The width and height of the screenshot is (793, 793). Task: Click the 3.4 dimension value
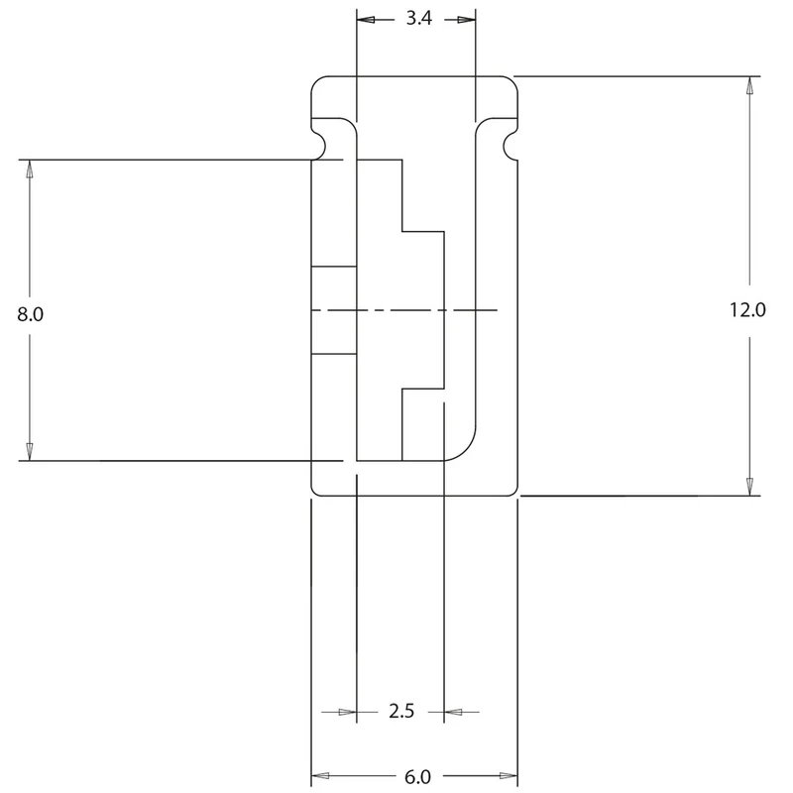(x=418, y=19)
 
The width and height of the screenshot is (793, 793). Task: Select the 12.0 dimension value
(x=747, y=309)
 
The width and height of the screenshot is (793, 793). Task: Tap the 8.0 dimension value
(x=30, y=314)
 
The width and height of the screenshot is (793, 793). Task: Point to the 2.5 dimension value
(x=401, y=711)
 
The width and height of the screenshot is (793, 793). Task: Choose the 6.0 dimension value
(x=417, y=777)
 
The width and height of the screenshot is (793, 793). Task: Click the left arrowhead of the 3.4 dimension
(x=366, y=20)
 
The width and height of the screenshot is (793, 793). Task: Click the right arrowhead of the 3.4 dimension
(x=466, y=20)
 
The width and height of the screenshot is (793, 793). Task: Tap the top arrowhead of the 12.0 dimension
(x=749, y=85)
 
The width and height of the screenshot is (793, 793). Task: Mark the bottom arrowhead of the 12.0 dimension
(x=749, y=486)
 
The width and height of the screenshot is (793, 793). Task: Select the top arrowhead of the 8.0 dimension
(x=30, y=169)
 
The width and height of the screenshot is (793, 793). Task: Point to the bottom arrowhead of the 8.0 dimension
(x=30, y=452)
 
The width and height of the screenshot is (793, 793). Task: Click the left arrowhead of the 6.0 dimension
(x=320, y=776)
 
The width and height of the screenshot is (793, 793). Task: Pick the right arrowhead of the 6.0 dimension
(x=509, y=776)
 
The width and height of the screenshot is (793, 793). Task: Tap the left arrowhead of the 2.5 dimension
(x=348, y=712)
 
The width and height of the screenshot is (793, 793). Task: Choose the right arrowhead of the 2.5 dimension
(x=453, y=712)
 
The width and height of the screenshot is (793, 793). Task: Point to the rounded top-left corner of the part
(x=315, y=81)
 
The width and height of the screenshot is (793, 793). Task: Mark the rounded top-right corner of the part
(x=513, y=81)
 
